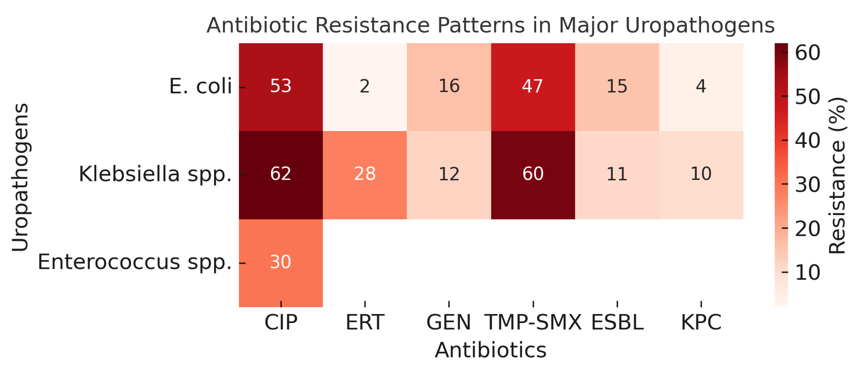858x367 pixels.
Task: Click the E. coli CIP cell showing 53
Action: point(281,86)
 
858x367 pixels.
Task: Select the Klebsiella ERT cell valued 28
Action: point(365,174)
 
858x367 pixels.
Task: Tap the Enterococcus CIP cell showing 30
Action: point(281,262)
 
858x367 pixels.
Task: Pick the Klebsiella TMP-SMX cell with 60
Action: point(533,174)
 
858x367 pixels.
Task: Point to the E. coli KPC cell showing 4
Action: point(701,86)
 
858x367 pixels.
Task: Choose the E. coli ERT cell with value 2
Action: point(365,86)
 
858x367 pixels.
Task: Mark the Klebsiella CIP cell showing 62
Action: point(281,174)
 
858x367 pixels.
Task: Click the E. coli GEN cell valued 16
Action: point(449,86)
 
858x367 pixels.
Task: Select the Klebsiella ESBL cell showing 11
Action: point(617,174)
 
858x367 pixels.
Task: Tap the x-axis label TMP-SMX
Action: point(533,322)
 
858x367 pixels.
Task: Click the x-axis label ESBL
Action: point(617,322)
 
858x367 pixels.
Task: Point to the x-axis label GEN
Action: point(449,322)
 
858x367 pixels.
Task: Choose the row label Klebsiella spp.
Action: point(155,174)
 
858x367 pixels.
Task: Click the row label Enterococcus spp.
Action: point(135,262)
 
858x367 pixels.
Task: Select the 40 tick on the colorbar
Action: point(807,141)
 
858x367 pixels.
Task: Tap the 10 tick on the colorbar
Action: point(807,273)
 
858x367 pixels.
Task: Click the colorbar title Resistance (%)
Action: point(837,175)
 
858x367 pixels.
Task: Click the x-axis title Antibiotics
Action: point(491,350)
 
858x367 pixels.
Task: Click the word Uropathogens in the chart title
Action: point(700,25)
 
